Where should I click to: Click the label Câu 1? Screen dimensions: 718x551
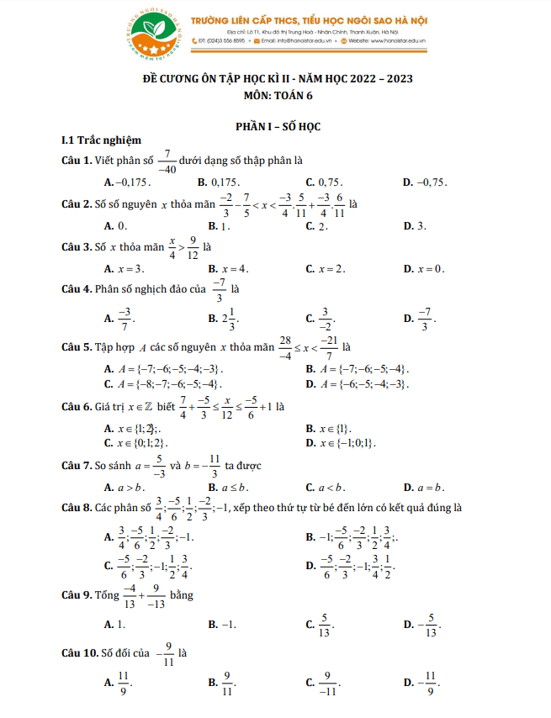tap(81, 160)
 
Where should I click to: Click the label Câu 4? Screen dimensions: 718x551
tap(81, 290)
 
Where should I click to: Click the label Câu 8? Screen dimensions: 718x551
tap(81, 508)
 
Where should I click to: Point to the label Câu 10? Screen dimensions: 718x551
tap(83, 652)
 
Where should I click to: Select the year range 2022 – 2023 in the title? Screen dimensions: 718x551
tap(374, 80)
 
